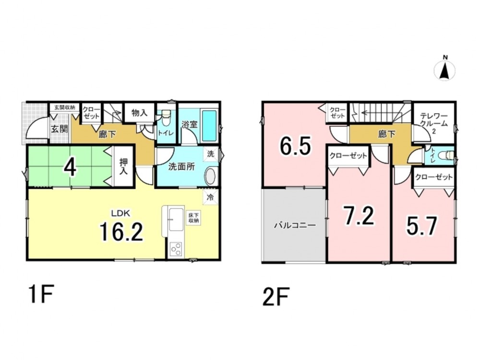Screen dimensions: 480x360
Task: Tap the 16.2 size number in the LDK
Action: tap(121, 231)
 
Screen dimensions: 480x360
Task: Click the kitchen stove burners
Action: tap(176, 250)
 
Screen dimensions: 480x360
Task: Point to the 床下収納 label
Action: tap(193, 217)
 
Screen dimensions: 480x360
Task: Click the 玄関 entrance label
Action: tap(59, 129)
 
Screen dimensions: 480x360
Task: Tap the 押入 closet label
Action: tap(123, 166)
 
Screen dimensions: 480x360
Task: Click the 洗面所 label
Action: tap(181, 167)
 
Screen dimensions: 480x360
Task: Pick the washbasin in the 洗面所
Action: tap(210, 177)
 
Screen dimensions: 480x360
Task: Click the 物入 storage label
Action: tap(139, 113)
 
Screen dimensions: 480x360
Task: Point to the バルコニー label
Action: tap(295, 225)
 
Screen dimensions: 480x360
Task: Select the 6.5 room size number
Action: tap(295, 146)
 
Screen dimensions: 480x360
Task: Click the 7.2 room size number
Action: tap(359, 216)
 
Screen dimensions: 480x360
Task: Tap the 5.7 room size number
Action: tap(421, 226)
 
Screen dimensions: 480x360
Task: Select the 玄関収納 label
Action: tap(65, 108)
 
